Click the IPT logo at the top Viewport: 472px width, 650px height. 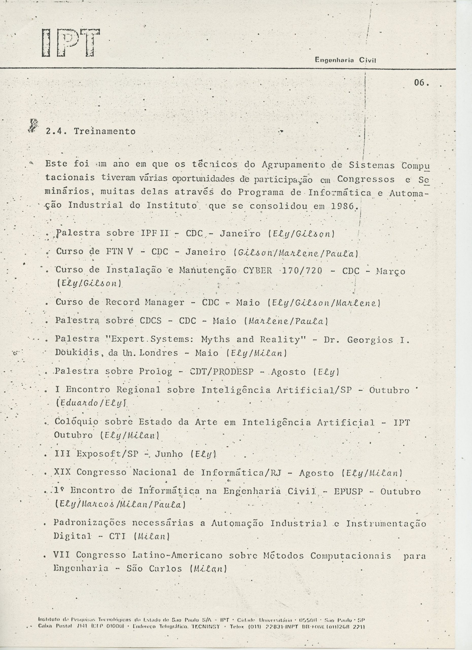(x=71, y=43)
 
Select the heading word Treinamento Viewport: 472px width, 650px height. (x=105, y=131)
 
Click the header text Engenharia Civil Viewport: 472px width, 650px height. (x=345, y=60)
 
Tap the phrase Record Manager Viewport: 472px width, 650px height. (x=145, y=302)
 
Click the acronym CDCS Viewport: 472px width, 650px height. (x=151, y=321)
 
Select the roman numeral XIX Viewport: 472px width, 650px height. (x=62, y=472)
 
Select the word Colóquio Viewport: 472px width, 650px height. (x=76, y=422)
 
